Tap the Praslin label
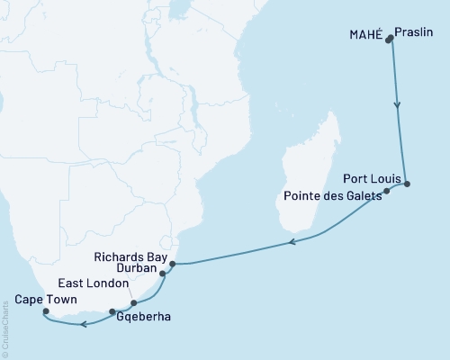[x=414, y=34]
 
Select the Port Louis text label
[x=369, y=178]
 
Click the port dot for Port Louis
[x=407, y=184]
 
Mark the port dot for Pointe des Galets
[x=386, y=192]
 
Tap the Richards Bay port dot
[x=172, y=264]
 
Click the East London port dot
[x=133, y=303]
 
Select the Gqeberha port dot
[x=112, y=312]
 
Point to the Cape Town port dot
[x=46, y=311]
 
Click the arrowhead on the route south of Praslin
[x=398, y=105]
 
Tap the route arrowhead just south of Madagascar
[x=291, y=241]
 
